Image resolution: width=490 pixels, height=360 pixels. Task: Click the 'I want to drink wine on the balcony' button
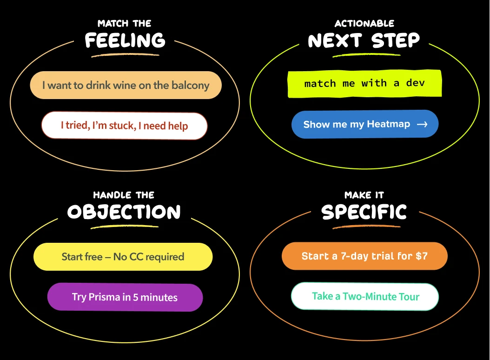pos(126,85)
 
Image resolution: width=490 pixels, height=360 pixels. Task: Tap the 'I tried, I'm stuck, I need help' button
pos(124,126)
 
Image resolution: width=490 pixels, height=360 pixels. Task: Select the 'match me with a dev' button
pos(364,84)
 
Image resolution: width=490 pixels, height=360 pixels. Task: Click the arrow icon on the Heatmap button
pos(422,124)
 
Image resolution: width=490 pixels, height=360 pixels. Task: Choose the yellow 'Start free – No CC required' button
pos(123,257)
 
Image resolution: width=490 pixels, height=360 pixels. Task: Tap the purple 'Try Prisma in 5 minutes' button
pos(125,297)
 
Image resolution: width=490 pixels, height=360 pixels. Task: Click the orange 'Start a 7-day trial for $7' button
pos(364,256)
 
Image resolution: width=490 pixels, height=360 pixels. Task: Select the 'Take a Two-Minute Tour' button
pos(365,296)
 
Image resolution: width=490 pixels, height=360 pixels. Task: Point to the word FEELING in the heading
pos(125,41)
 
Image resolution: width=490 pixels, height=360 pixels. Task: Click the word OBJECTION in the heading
pos(124,213)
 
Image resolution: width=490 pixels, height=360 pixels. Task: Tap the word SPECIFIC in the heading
pos(364,213)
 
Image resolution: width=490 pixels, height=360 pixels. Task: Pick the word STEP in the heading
pos(396,41)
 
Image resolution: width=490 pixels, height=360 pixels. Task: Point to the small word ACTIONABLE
pos(364,23)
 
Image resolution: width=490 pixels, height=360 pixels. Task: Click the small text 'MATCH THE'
pos(125,23)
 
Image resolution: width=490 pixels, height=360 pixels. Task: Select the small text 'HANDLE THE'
pos(124,195)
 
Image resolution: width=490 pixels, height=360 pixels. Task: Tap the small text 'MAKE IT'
pos(364,195)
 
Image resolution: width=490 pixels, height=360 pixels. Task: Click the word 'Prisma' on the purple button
pos(105,297)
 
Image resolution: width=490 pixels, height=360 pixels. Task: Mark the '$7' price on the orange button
pos(421,256)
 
